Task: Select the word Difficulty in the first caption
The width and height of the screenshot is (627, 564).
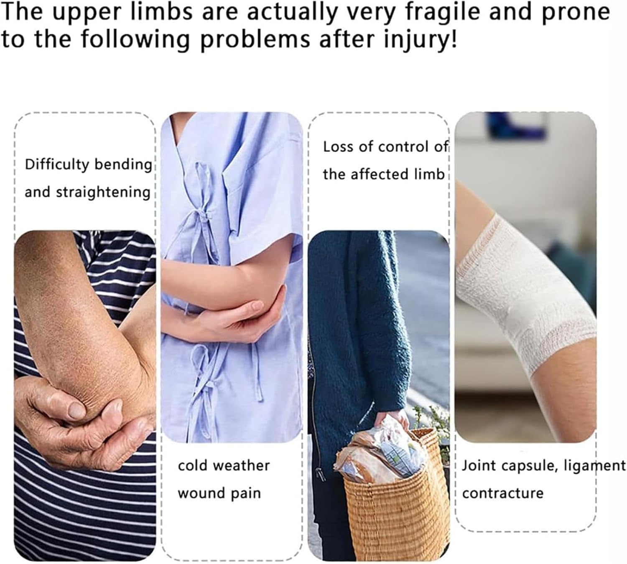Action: pos(57,165)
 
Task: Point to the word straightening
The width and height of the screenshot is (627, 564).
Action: pos(103,193)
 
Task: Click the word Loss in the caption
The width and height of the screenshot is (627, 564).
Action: pos(337,147)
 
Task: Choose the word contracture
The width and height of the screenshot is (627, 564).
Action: pos(502,493)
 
